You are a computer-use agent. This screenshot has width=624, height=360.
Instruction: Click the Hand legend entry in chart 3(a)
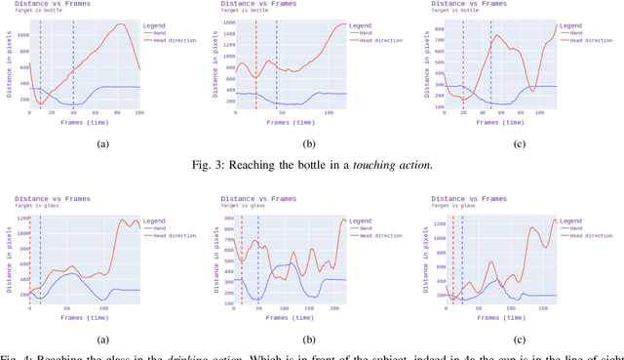tap(162, 32)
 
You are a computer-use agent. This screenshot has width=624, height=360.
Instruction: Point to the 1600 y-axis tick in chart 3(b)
tap(230, 21)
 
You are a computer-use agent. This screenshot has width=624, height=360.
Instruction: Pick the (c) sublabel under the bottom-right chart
tap(521, 340)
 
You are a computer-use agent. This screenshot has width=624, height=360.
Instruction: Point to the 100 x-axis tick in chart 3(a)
tap(139, 114)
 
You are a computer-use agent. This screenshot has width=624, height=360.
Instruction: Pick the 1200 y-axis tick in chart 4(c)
tap(436, 224)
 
